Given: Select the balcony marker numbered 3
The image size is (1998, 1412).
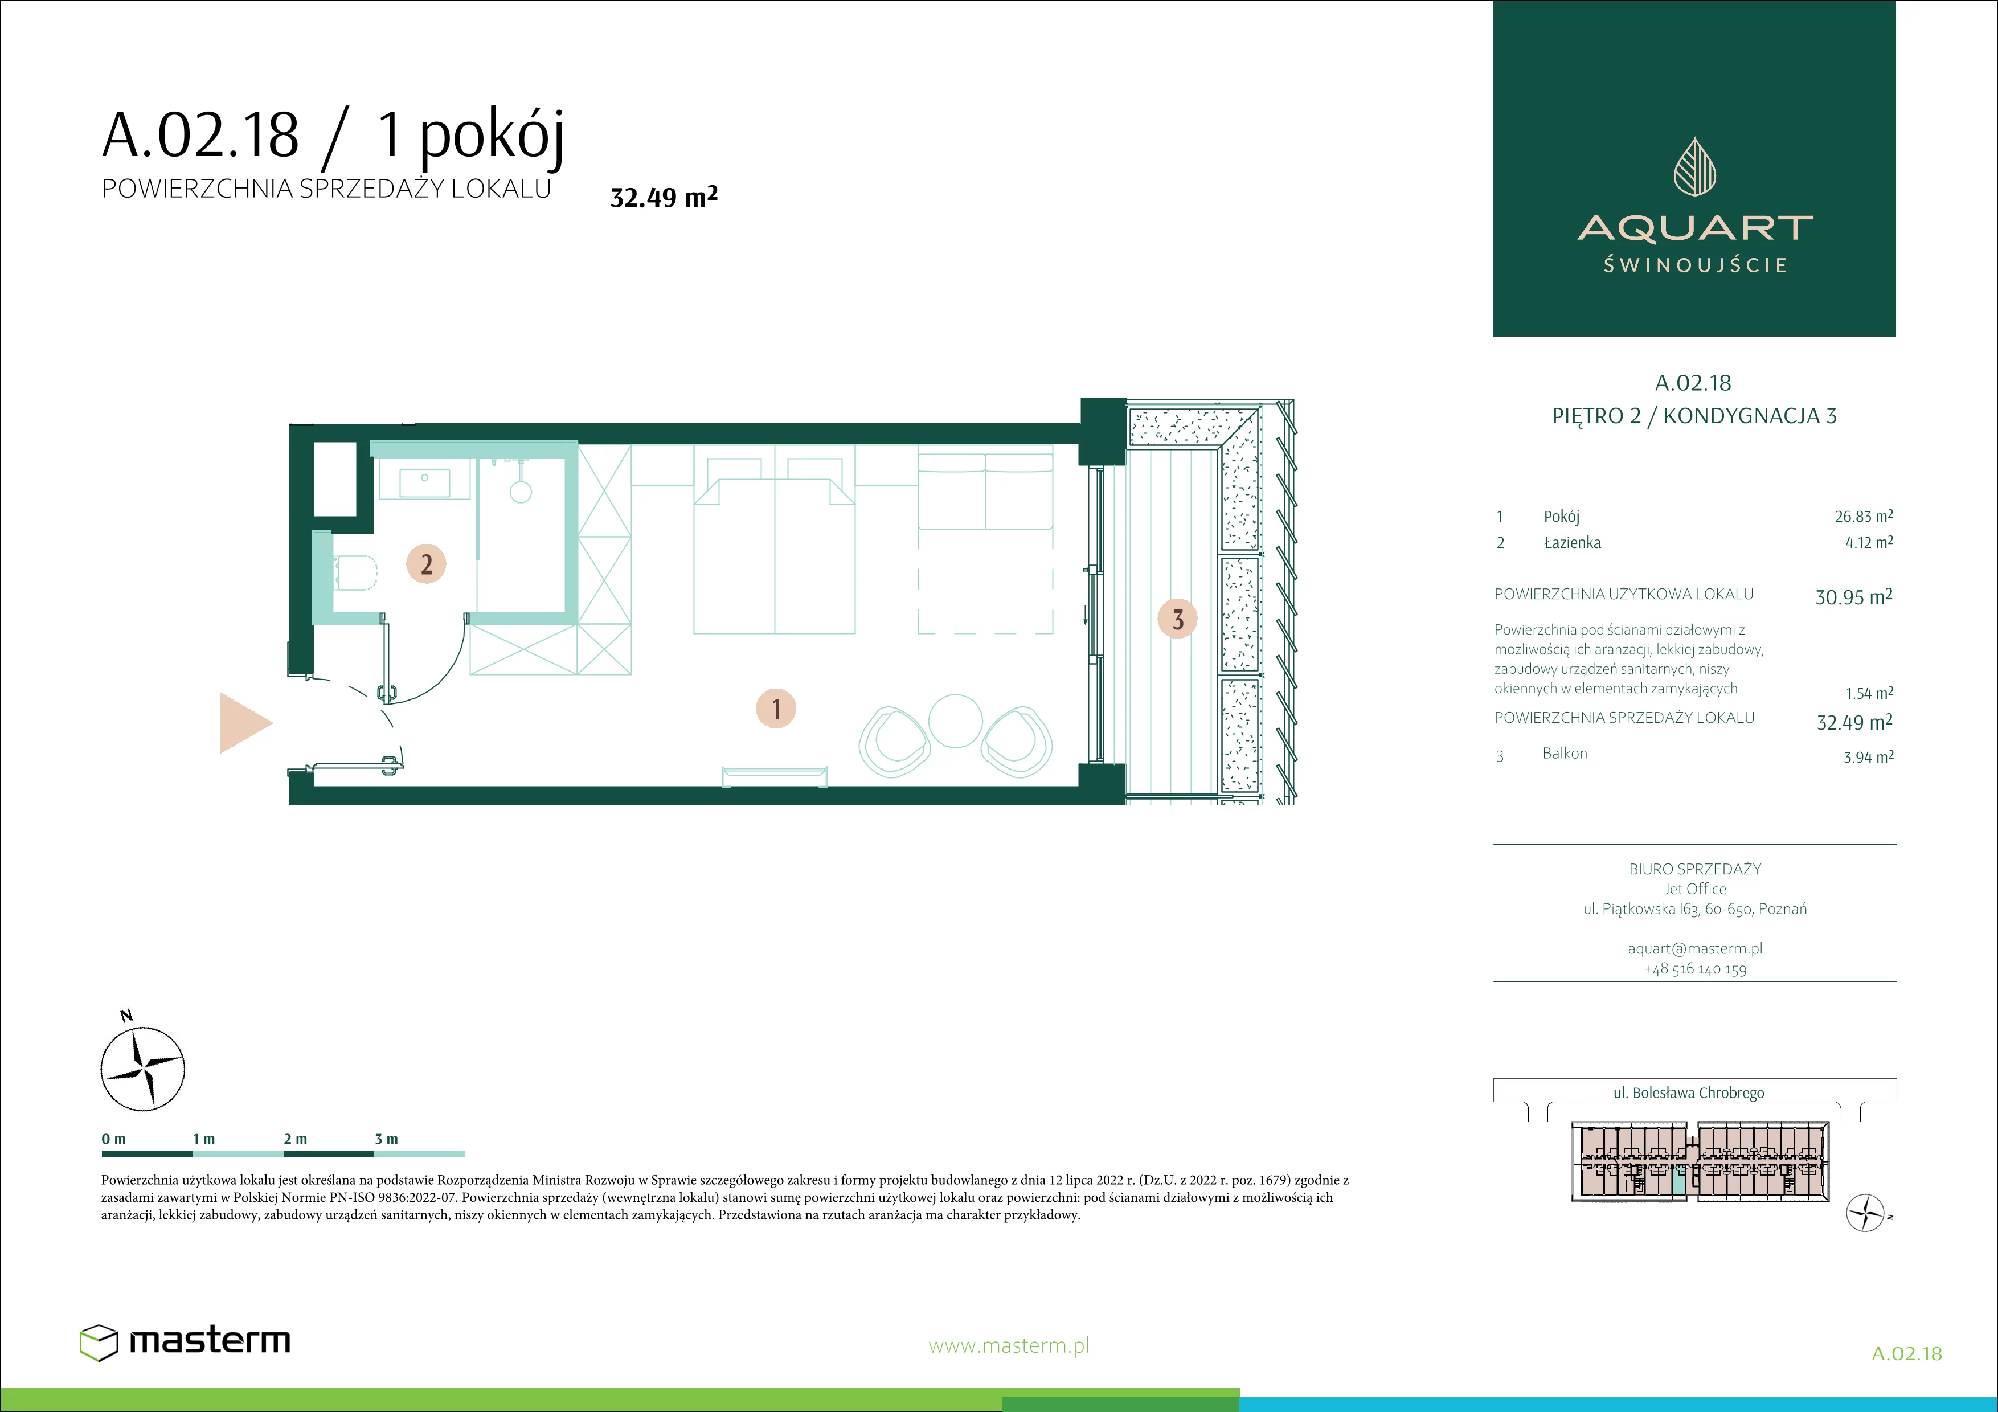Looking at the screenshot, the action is click(x=1177, y=620).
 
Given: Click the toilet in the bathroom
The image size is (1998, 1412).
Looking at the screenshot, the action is click(x=356, y=572).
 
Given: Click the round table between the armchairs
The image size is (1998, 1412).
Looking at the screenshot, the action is click(x=956, y=721).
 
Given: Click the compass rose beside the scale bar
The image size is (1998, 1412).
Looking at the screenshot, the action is click(x=143, y=1069).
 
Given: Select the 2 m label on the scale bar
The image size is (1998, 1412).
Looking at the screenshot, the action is click(x=295, y=1139).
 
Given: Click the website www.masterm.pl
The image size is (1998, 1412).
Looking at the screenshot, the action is click(x=1009, y=1346).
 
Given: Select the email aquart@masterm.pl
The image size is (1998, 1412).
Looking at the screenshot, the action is click(x=1695, y=948).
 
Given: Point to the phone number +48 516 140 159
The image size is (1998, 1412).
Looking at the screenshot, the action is click(x=1695, y=969).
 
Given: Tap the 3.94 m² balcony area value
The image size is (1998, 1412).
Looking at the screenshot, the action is click(x=1868, y=757).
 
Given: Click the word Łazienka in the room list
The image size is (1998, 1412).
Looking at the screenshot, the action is click(x=1571, y=543).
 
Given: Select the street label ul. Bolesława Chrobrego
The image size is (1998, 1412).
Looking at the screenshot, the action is click(x=1688, y=1092).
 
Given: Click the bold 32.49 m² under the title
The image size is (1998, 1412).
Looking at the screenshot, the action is click(x=664, y=198).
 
